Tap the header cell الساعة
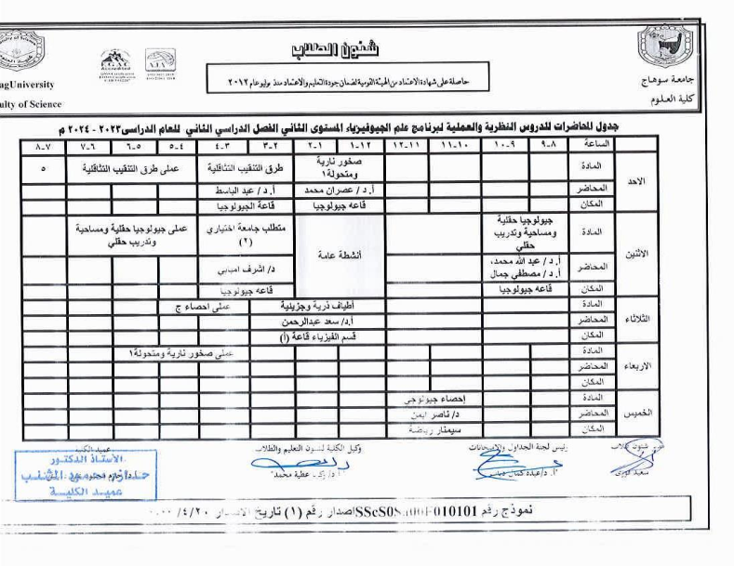pos(594,145)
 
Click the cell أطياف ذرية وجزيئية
pos(317,304)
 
